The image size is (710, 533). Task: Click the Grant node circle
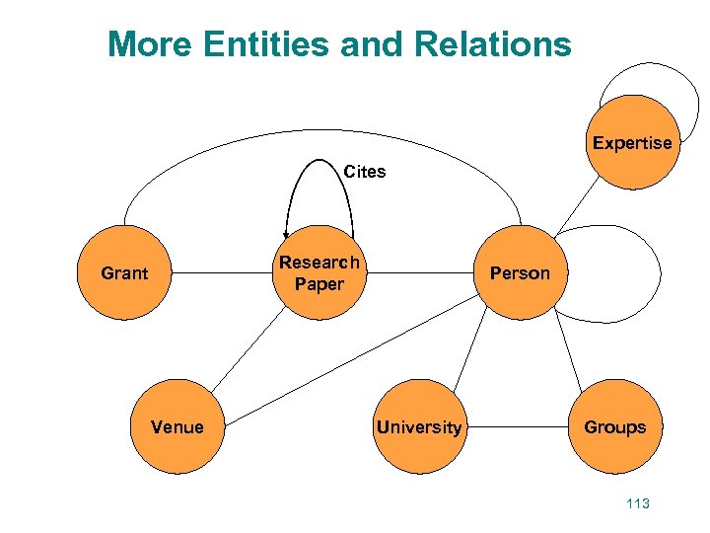coord(124,273)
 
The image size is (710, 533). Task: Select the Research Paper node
coord(319,273)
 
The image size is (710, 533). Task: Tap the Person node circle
coord(520,273)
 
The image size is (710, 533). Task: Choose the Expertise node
coord(632,142)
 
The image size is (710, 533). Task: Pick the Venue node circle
coord(177,427)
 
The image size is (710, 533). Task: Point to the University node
coord(418,427)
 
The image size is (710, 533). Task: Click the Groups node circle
coord(614,427)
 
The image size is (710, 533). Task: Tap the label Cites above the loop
coord(365,172)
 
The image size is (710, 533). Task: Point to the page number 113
coord(638,503)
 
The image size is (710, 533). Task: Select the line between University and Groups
coord(516,427)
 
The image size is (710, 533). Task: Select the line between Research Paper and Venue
coord(247,350)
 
